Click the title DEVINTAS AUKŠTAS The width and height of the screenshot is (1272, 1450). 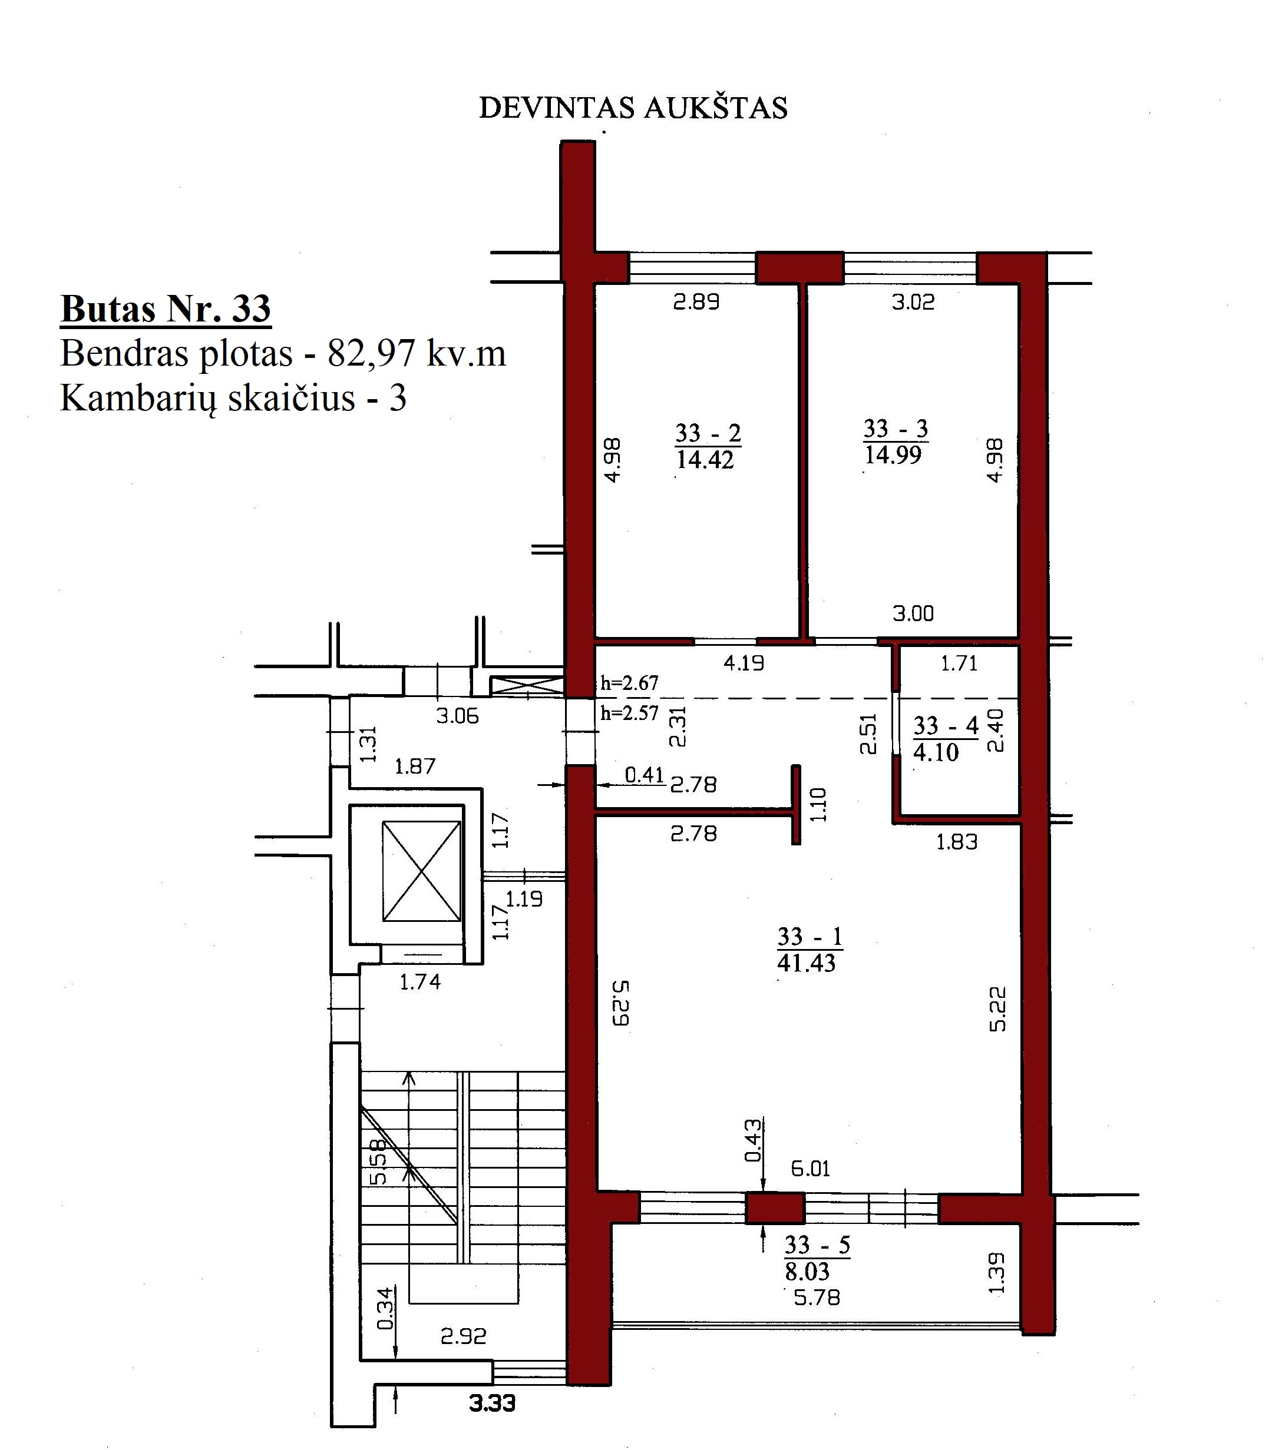[633, 108]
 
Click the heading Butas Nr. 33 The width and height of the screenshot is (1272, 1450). [166, 309]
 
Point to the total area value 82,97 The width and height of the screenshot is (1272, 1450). [371, 353]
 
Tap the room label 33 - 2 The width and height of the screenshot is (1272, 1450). [708, 432]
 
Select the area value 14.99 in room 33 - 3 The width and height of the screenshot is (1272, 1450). [893, 454]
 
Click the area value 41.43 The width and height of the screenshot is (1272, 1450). [807, 963]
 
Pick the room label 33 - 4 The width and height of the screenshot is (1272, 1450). [946, 725]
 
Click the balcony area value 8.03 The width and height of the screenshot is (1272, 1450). [807, 1271]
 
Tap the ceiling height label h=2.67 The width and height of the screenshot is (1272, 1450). [630, 682]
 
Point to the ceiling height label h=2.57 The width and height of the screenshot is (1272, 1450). [630, 712]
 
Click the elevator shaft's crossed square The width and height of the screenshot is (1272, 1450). [422, 871]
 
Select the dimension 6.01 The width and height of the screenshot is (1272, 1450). [811, 1169]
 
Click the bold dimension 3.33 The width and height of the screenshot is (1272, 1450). [493, 1403]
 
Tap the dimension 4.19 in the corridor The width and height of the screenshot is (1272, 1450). [744, 663]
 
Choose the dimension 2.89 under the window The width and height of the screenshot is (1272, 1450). [696, 302]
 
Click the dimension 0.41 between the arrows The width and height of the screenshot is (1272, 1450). [645, 775]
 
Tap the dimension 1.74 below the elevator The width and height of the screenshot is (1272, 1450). [420, 982]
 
